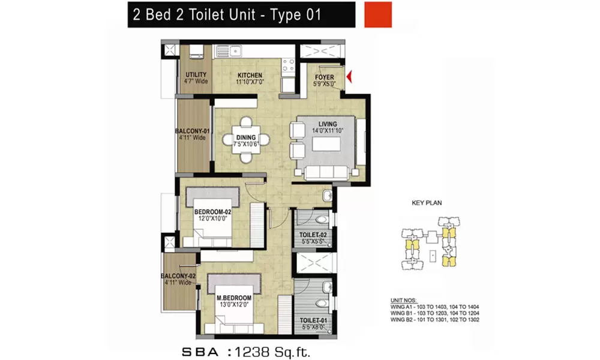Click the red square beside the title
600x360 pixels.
tap(378, 14)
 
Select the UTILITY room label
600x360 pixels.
tap(196, 75)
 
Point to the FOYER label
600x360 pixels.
tap(325, 77)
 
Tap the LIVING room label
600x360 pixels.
tap(324, 124)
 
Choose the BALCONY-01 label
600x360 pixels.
tap(192, 131)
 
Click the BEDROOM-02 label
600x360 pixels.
tap(212, 212)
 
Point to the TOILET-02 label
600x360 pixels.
tap(312, 235)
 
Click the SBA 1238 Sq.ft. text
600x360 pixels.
tap(246, 349)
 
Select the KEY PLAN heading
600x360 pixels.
tap(427, 203)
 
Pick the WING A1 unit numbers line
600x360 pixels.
tap(431, 306)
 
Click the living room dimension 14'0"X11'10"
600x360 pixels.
tap(324, 130)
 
